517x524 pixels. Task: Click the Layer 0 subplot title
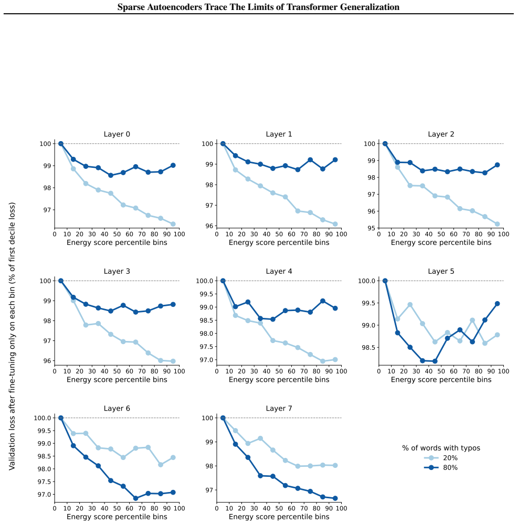click(117, 134)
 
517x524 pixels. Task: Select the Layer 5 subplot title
click(441, 271)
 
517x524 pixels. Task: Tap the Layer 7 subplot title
click(279, 408)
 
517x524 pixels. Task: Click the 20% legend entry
click(441, 458)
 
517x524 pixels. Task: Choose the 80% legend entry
click(441, 467)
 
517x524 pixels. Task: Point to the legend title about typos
click(441, 448)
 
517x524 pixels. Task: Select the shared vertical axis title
click(12, 336)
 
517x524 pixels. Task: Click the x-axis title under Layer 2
click(441, 242)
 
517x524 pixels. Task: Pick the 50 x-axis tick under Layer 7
click(279, 508)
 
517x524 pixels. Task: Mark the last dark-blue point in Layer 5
click(497, 304)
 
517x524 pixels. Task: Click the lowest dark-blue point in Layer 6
click(136, 498)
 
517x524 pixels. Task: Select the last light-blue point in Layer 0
click(173, 224)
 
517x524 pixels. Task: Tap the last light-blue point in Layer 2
click(497, 224)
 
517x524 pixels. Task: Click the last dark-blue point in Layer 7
click(335, 498)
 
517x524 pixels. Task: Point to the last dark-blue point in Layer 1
click(335, 160)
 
